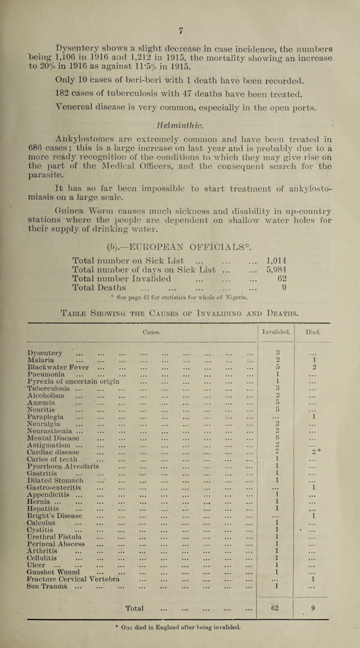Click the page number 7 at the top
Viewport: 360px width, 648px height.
(x=180, y=6)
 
